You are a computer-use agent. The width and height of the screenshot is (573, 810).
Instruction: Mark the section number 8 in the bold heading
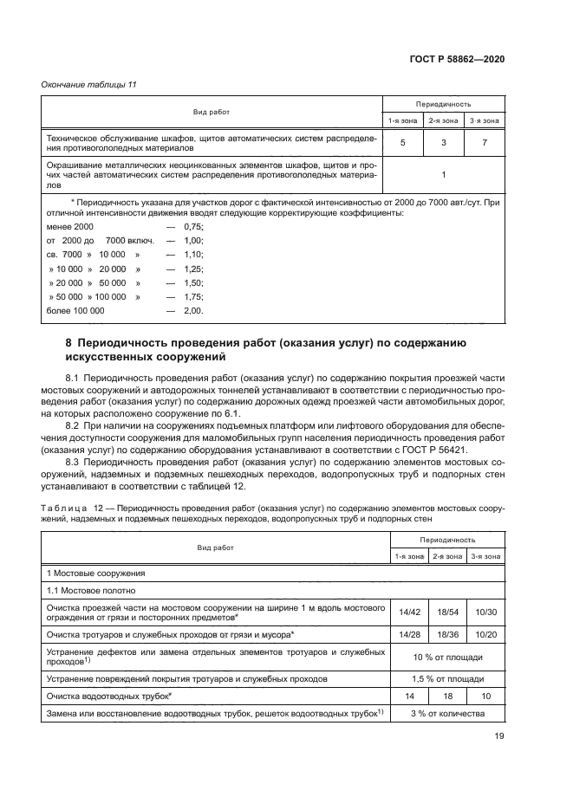(69, 343)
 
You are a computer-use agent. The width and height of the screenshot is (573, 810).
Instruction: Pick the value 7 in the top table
(485, 142)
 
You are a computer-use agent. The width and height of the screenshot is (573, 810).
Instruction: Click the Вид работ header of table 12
(213, 548)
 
